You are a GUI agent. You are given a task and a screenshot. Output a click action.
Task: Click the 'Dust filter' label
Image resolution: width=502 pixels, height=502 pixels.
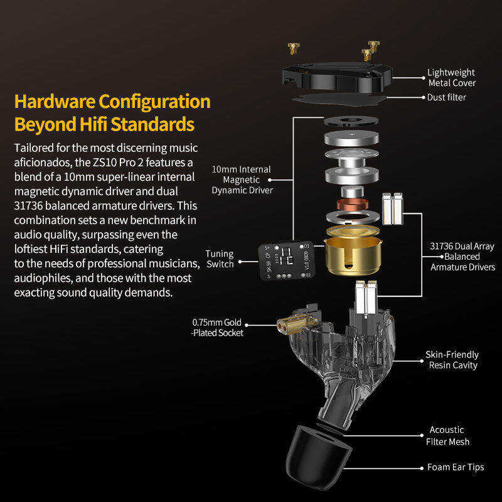[x=446, y=97]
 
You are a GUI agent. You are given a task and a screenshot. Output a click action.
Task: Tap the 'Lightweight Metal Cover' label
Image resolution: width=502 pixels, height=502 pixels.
[x=451, y=78]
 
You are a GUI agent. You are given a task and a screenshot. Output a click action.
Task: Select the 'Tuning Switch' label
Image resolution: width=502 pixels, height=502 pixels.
[x=220, y=259]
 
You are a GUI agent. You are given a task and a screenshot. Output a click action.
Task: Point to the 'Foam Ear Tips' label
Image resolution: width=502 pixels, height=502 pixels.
[x=456, y=467]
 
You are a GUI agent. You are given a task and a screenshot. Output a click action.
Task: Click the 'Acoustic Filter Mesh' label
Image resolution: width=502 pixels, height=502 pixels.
[x=447, y=435]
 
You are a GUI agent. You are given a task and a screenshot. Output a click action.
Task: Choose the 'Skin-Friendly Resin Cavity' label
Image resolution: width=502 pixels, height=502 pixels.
[x=452, y=360]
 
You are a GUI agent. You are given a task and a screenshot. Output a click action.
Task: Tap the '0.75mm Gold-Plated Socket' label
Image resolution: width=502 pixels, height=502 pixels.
[x=217, y=328]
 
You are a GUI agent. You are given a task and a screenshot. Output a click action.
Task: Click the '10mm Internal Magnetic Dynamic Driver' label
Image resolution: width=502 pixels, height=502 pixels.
[x=242, y=179]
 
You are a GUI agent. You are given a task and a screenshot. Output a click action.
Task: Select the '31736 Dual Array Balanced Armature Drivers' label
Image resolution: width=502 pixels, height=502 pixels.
[x=462, y=257]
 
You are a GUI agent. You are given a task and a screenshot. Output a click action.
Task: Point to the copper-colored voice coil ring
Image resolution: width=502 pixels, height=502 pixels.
[x=352, y=204]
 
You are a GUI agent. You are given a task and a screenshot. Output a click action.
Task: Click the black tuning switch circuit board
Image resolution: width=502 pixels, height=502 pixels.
[x=287, y=260]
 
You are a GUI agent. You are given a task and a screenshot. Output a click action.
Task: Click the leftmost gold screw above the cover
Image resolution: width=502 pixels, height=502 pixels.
[x=293, y=48]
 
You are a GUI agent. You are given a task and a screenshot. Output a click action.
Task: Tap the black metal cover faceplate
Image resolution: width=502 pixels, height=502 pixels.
[x=337, y=77]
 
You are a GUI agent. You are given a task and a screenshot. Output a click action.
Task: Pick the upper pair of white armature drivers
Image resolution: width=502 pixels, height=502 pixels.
[x=393, y=208]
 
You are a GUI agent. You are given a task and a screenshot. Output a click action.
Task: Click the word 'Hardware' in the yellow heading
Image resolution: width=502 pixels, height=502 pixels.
[x=55, y=102]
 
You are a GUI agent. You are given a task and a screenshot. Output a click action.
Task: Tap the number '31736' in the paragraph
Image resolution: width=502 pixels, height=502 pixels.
[x=28, y=206]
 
